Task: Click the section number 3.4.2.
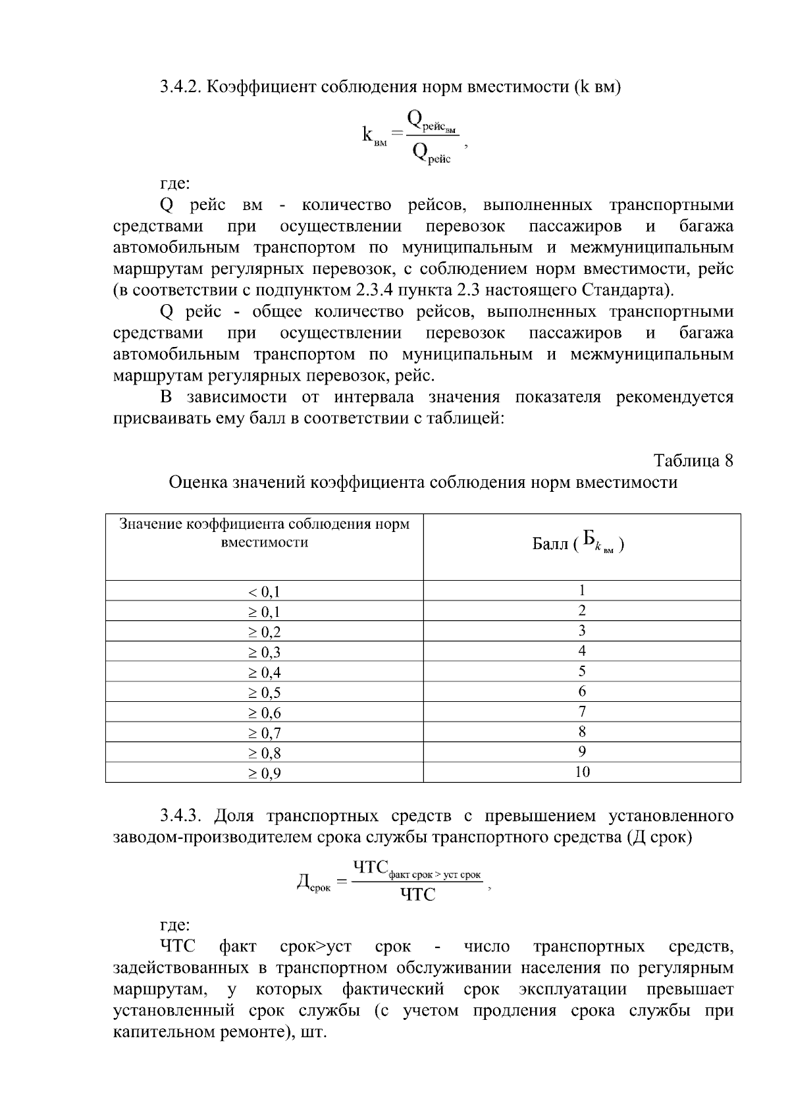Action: [x=181, y=87]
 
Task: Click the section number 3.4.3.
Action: [x=181, y=816]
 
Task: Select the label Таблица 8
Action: [x=693, y=460]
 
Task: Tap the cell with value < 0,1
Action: [x=264, y=591]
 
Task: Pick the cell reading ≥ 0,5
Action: [x=264, y=693]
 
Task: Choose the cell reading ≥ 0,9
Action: [x=264, y=774]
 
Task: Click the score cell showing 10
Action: [x=582, y=772]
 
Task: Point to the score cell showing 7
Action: [x=582, y=711]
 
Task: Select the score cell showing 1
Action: [x=582, y=590]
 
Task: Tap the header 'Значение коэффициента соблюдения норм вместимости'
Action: [x=264, y=533]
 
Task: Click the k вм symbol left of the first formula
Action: [x=373, y=136]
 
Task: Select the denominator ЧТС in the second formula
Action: [x=417, y=894]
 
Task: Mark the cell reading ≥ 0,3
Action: [x=264, y=652]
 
